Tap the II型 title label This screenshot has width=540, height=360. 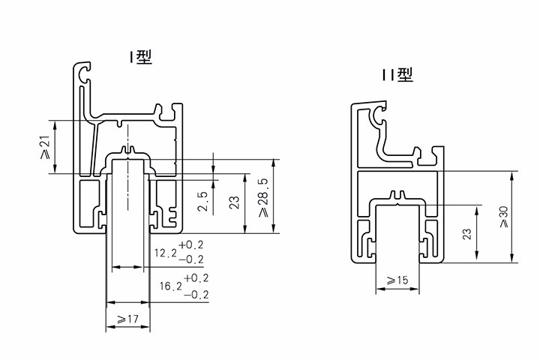click(x=397, y=73)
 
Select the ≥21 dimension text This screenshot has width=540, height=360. click(x=44, y=146)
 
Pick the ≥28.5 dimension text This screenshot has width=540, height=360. click(x=262, y=196)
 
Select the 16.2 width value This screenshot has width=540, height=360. click(x=170, y=286)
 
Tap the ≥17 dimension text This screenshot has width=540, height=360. click(x=128, y=320)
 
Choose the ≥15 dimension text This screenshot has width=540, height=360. click(x=397, y=280)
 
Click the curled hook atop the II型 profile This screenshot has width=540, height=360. click(x=376, y=114)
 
